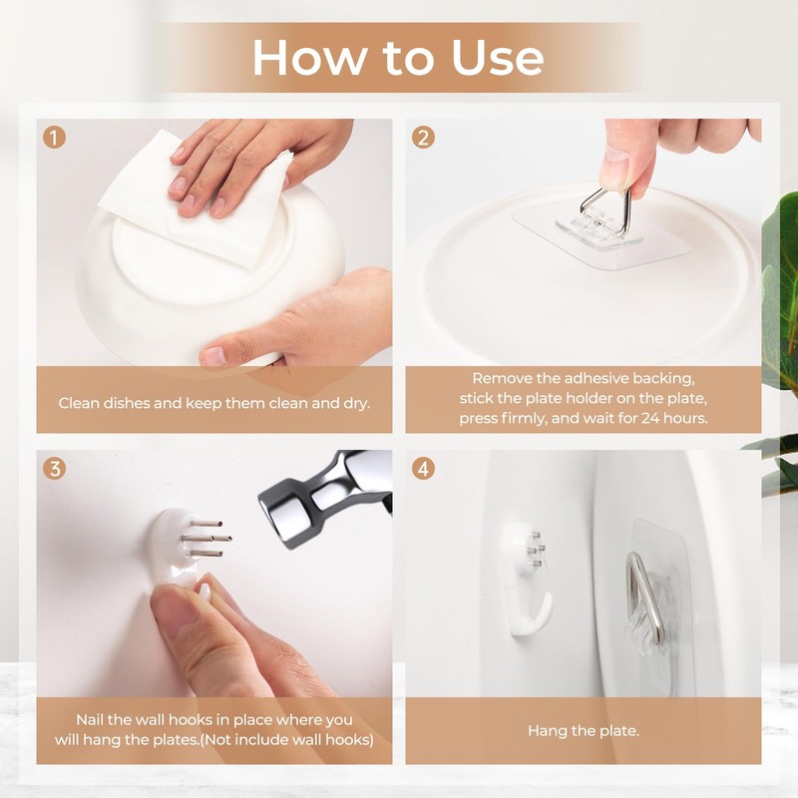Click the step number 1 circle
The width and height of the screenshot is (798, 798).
(x=55, y=138)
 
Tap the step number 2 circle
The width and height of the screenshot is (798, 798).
(x=423, y=138)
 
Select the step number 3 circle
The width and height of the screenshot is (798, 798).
(x=55, y=468)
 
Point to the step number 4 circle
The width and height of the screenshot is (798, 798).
(x=423, y=468)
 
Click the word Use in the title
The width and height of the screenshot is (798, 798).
(x=497, y=58)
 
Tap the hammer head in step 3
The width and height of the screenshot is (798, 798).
(x=326, y=499)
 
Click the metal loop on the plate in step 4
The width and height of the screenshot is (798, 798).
(x=645, y=598)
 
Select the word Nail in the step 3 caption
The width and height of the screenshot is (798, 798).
(x=90, y=719)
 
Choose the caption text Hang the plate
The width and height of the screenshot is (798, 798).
(x=584, y=731)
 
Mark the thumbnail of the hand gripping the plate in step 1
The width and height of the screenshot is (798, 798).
(x=213, y=355)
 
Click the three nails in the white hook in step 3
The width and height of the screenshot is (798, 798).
(x=208, y=539)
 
